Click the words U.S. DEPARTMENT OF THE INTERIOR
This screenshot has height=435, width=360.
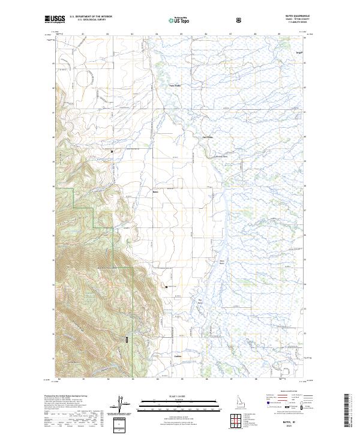[90, 17]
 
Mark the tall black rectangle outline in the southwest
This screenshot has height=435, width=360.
[127, 340]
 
